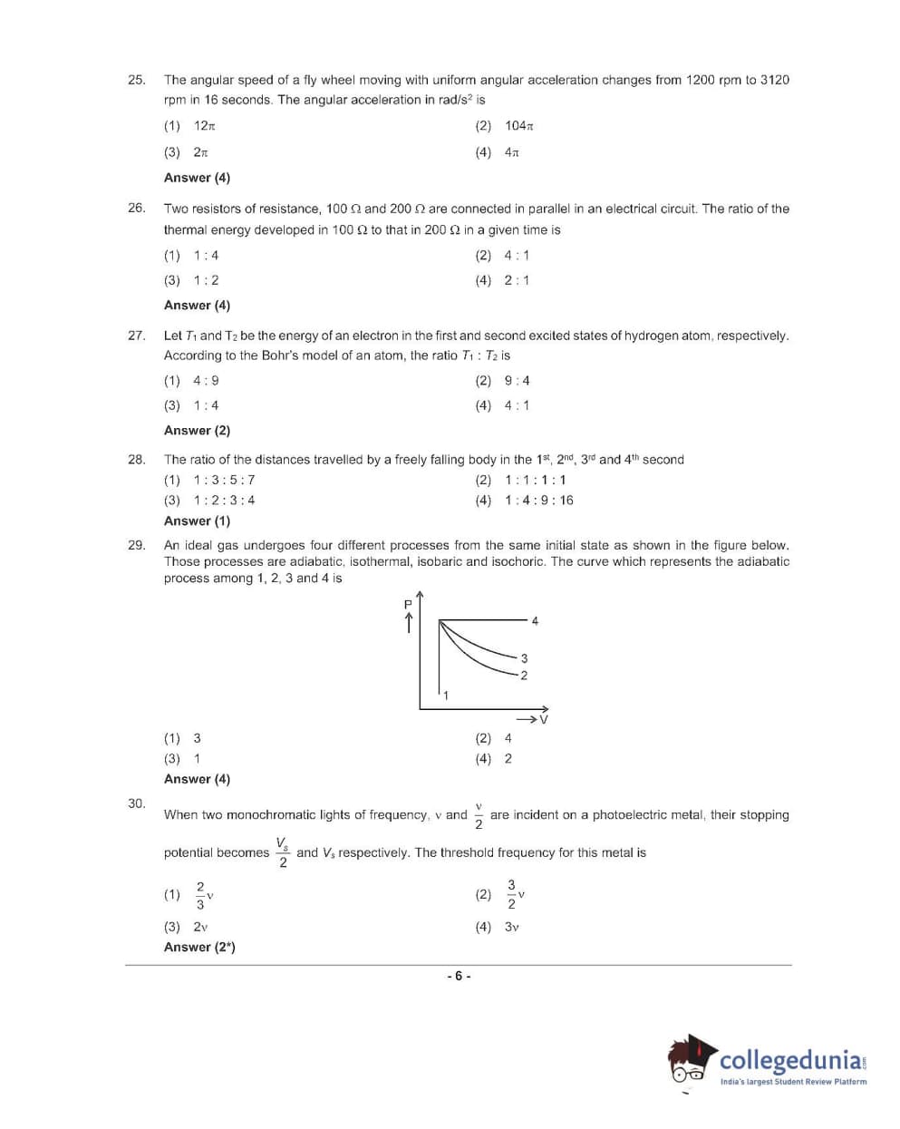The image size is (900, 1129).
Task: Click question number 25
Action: (136, 80)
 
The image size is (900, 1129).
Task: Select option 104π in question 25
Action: (519, 126)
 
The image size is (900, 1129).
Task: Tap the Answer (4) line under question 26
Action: (197, 306)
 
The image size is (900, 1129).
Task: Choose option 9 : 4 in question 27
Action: (517, 381)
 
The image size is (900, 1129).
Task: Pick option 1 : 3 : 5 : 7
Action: (224, 480)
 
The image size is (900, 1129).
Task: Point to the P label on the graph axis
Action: (408, 604)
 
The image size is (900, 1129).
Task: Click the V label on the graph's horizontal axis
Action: (544, 720)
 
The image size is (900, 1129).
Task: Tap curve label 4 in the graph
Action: (535, 621)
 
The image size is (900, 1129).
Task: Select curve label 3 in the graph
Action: (524, 658)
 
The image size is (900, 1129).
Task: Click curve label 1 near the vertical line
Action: (445, 696)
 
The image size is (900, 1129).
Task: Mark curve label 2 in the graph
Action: (524, 675)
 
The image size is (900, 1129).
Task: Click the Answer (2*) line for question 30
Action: (199, 948)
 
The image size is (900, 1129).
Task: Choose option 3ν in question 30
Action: (511, 927)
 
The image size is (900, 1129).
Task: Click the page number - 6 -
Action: (459, 977)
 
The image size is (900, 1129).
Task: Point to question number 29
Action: (136, 545)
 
